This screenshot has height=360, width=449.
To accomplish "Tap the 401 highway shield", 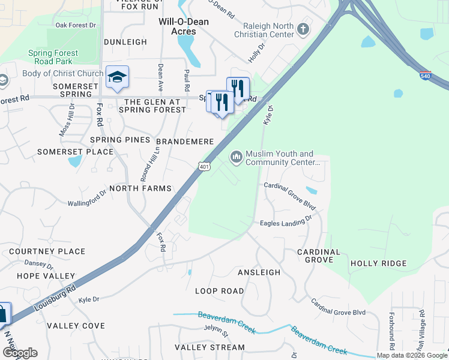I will coord(204,166).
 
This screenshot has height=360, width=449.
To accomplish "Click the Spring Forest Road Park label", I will coord(53,57).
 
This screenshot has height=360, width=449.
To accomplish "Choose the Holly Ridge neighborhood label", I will coord(378,263).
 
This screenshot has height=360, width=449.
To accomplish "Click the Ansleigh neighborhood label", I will coord(259,272).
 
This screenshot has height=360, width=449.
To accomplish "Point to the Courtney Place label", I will coord(47,251).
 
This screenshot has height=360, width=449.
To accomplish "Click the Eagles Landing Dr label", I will coord(286,223).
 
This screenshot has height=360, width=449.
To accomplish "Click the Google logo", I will coord(19,353).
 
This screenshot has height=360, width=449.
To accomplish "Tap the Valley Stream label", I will coord(209,347).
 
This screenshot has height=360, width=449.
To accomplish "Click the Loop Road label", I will coord(220,291).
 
